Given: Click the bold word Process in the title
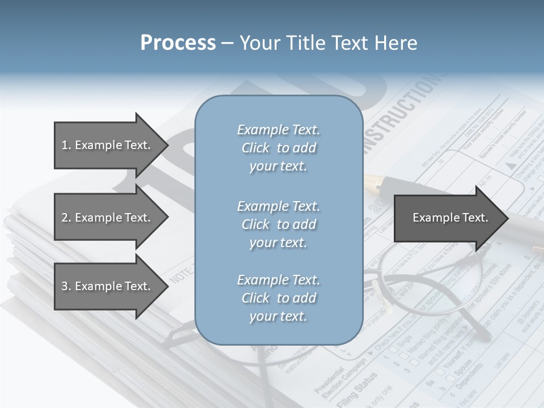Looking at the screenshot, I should [177, 43].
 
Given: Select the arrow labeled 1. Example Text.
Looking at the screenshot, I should [105, 145].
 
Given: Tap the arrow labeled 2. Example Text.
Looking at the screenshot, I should [105, 218].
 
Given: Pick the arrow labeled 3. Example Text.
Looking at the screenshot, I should [105, 286].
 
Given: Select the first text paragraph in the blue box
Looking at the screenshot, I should [278, 148].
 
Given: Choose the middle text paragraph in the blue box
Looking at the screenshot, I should [278, 224].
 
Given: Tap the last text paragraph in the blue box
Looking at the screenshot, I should [278, 298].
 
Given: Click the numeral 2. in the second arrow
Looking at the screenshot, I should [66, 218].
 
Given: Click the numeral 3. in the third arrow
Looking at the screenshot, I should [66, 286].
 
